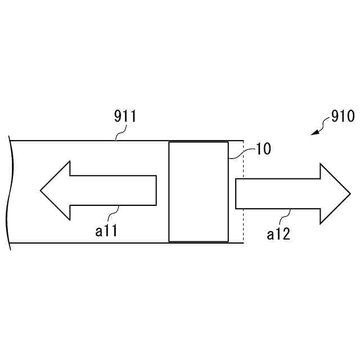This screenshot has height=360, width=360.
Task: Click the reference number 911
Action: pyautogui.click(x=125, y=117)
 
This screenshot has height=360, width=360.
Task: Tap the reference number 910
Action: pyautogui.click(x=342, y=116)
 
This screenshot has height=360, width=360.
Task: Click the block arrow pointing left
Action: pyautogui.click(x=98, y=190)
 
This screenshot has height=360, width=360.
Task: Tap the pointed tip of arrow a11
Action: pyautogui.click(x=41, y=190)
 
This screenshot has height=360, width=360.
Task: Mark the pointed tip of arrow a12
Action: pyautogui.click(x=349, y=193)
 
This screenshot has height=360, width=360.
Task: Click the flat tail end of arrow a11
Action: pyautogui.click(x=156, y=190)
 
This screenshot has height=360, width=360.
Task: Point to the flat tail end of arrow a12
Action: pyautogui.click(x=236, y=193)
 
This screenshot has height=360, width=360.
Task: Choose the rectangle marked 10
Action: pyautogui.click(x=199, y=192)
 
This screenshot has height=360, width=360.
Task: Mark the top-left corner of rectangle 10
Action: pyautogui.click(x=169, y=142)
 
